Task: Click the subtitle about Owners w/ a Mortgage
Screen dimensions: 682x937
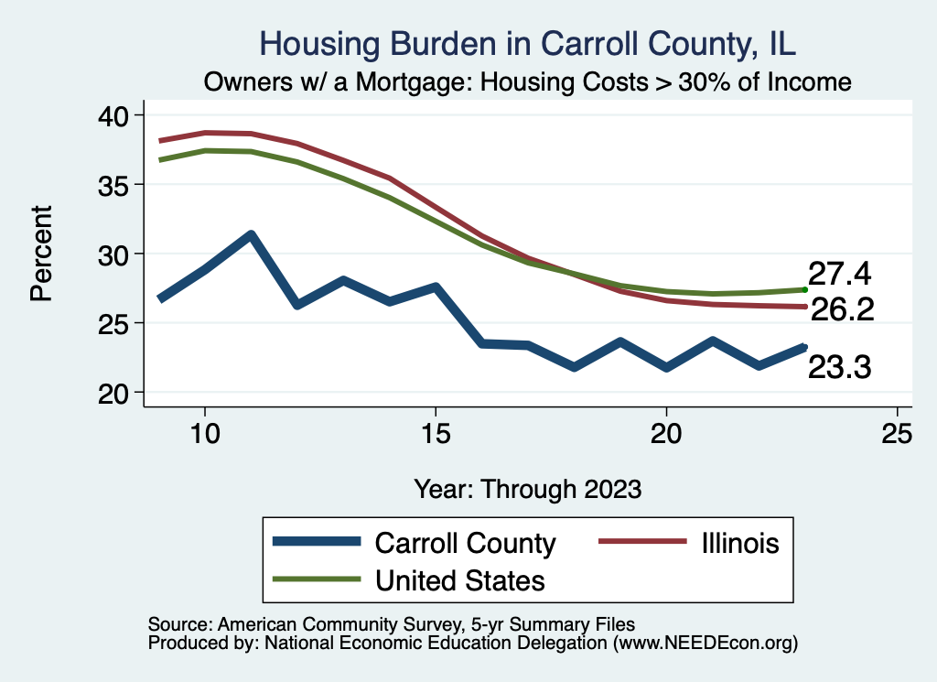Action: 528,82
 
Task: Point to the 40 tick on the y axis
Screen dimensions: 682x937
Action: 120,115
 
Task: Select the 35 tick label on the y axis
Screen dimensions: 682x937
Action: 120,185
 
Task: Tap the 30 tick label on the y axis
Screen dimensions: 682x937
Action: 120,254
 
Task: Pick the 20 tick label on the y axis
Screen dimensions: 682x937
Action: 120,393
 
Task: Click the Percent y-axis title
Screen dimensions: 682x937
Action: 42,254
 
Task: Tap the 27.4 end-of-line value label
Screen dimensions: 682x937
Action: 839,274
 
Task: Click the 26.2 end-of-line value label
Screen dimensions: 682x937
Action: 843,309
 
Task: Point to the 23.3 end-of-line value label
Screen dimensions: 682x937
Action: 839,368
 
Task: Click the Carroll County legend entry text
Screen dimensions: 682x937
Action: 465,543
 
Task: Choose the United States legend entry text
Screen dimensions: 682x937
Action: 460,579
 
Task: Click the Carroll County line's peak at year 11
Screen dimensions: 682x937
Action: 251,234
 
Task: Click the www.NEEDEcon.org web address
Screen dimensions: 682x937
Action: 705,644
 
